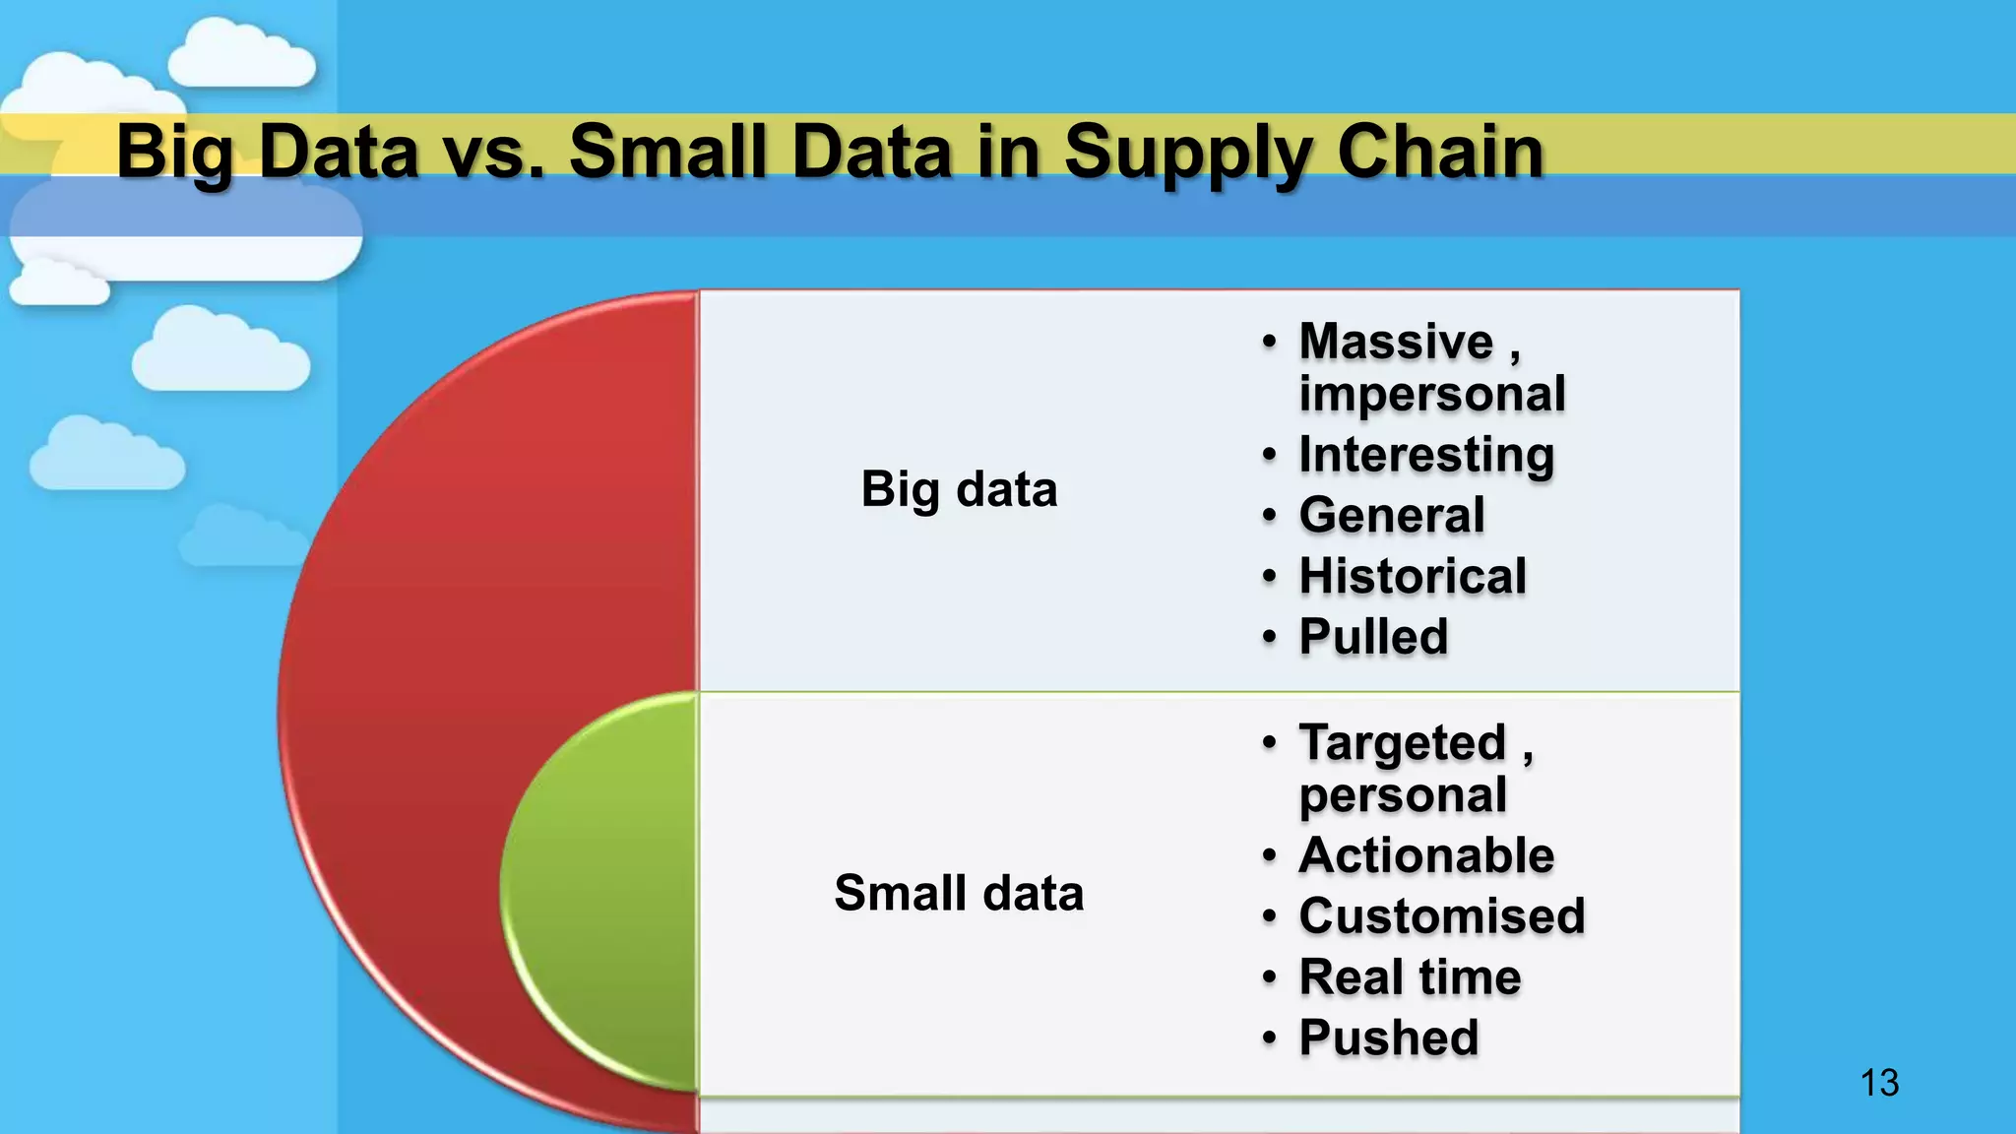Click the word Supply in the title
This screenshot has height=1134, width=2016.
1187,153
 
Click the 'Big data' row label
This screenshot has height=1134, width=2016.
959,489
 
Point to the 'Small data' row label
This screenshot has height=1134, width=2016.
959,893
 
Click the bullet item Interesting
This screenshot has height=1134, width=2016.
1426,455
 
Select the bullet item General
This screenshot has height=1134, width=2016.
1392,515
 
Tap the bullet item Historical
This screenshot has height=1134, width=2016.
1413,576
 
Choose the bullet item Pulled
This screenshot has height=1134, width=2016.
1373,636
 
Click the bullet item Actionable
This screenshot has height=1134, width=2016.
1426,854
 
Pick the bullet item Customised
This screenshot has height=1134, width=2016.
1442,915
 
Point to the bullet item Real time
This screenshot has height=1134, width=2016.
1410,976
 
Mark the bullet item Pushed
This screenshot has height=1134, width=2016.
1389,1038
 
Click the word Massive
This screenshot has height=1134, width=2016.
1396,342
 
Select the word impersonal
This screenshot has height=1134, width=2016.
1432,394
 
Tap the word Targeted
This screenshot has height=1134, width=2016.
1403,742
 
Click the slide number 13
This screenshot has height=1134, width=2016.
1879,1083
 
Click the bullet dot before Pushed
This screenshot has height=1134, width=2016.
1270,1038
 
